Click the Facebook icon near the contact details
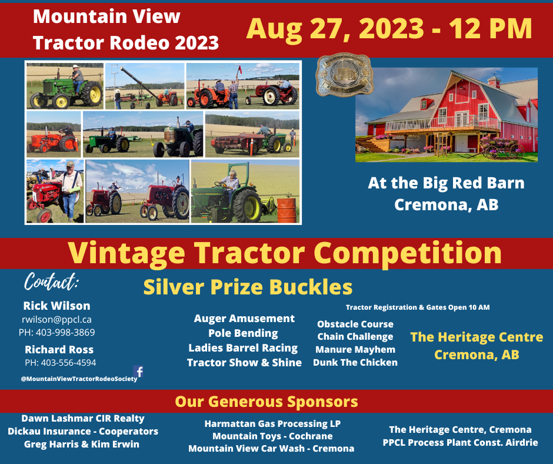139,372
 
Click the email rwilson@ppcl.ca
56,319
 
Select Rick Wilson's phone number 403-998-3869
56,332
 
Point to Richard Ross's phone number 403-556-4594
60,362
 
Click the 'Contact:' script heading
51,283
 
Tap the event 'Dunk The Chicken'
355,362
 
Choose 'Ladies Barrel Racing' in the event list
243,347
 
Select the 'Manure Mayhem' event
355,349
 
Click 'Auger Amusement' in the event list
244,318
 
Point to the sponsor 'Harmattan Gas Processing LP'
272,423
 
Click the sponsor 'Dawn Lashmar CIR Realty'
83,418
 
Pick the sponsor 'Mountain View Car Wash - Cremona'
271,448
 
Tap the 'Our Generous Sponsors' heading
266,402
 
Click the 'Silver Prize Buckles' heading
248,287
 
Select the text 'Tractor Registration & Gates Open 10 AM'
418,307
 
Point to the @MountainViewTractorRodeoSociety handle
79,379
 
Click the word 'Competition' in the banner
411,253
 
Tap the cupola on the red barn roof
494,81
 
